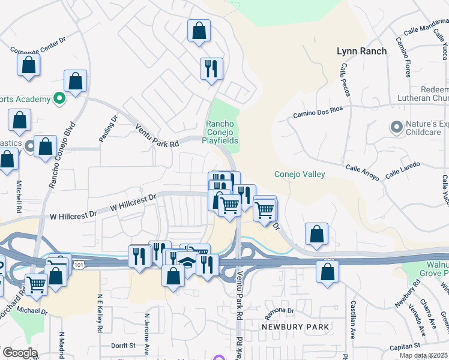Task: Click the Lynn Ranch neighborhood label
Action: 361,52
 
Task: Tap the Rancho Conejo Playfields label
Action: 223,132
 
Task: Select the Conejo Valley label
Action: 300,175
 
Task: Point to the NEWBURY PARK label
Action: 295,327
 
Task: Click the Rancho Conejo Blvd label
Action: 62,155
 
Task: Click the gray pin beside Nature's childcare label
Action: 396,127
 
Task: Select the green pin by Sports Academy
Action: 59,98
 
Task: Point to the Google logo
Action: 19,353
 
